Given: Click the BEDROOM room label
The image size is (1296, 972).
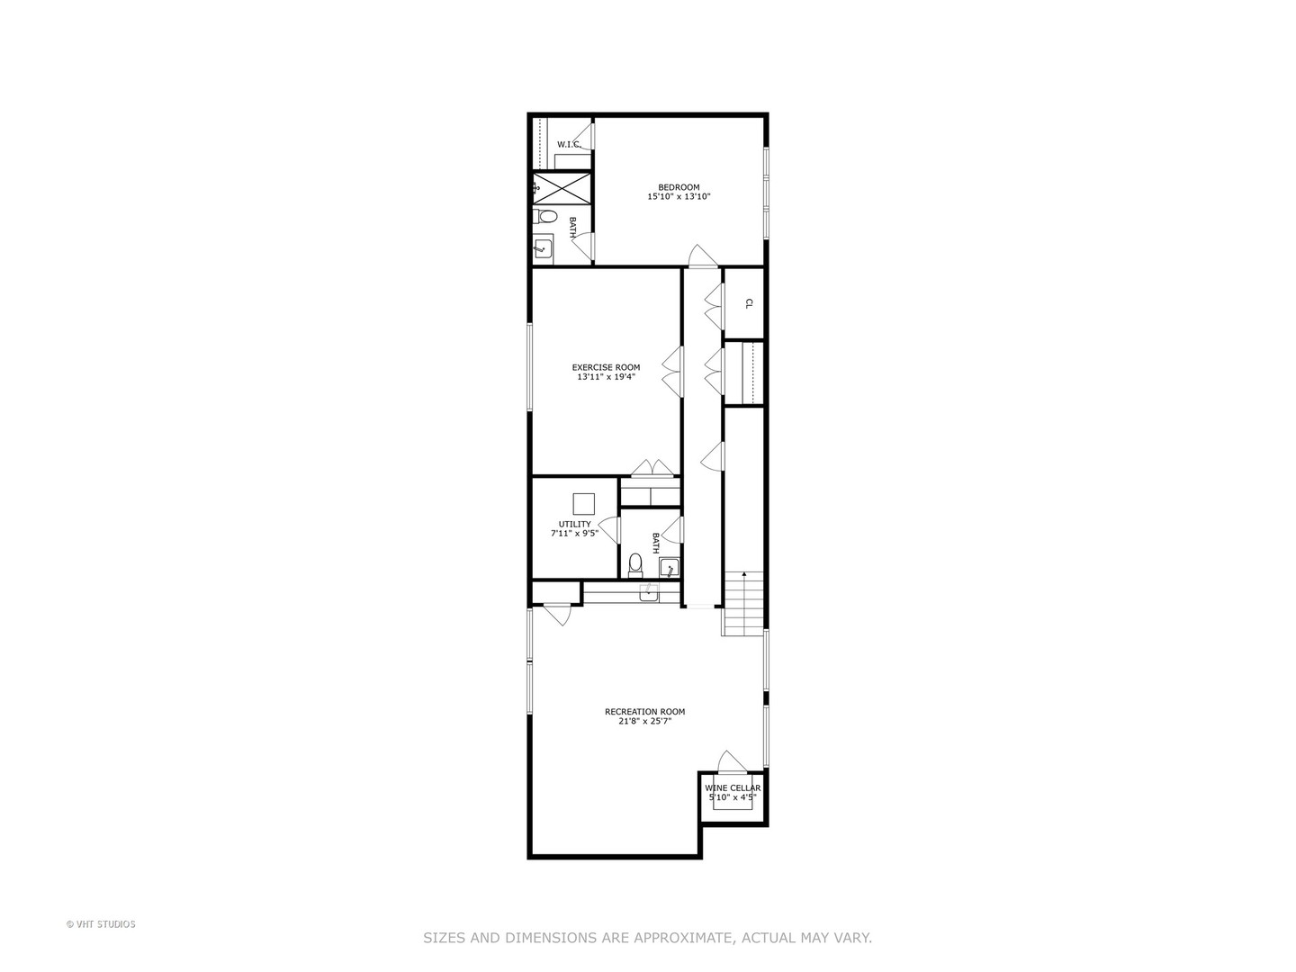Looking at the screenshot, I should pos(679,187).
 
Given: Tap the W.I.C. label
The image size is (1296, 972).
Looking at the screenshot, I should pos(569,145).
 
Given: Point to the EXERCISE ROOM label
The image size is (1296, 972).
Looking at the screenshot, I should pos(606,367).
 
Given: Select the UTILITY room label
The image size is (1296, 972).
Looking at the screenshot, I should pos(574,524).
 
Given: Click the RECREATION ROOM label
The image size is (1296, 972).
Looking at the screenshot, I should pos(644,712).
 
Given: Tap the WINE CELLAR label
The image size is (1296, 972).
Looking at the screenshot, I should pos(733,787).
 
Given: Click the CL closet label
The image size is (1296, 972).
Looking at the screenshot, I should pos(748,304).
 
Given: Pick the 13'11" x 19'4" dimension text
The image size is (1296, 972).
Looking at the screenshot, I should pos(606,377).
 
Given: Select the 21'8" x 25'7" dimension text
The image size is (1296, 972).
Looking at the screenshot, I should pos(644,721).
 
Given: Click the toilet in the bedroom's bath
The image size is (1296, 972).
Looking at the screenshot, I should pos(544,217).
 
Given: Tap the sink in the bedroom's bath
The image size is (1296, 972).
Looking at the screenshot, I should pos(542,247).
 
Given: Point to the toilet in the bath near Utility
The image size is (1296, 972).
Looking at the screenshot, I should pos(635,564).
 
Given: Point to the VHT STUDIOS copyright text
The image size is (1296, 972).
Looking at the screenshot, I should pos(101,924).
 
